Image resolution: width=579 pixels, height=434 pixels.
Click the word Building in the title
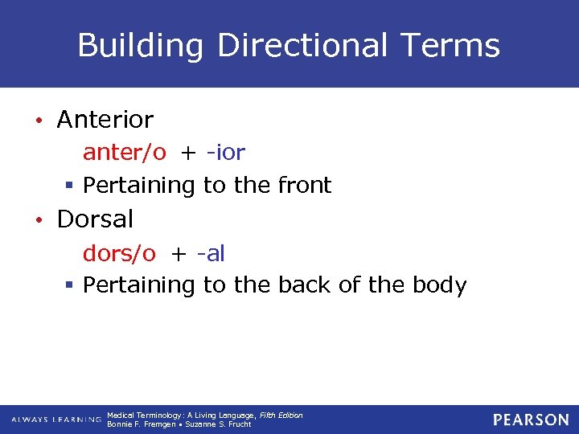[141, 46]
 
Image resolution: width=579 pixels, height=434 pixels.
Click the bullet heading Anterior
[105, 120]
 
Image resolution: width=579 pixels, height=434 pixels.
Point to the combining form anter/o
[125, 153]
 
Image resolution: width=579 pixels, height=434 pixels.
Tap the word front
[304, 186]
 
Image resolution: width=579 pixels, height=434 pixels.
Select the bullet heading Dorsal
[95, 219]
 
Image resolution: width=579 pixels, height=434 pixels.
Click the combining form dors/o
[120, 254]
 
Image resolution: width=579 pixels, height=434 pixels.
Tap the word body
[438, 285]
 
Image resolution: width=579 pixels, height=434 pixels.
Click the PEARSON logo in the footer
[532, 420]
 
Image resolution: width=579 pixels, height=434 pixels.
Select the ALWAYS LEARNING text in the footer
[56, 420]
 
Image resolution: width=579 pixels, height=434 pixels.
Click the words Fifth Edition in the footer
[281, 415]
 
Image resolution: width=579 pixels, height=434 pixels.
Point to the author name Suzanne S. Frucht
[219, 424]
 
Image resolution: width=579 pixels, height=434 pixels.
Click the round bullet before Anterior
[38, 121]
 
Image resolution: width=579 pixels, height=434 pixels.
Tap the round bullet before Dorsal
[38, 220]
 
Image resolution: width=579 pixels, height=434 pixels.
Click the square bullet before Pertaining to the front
[70, 186]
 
